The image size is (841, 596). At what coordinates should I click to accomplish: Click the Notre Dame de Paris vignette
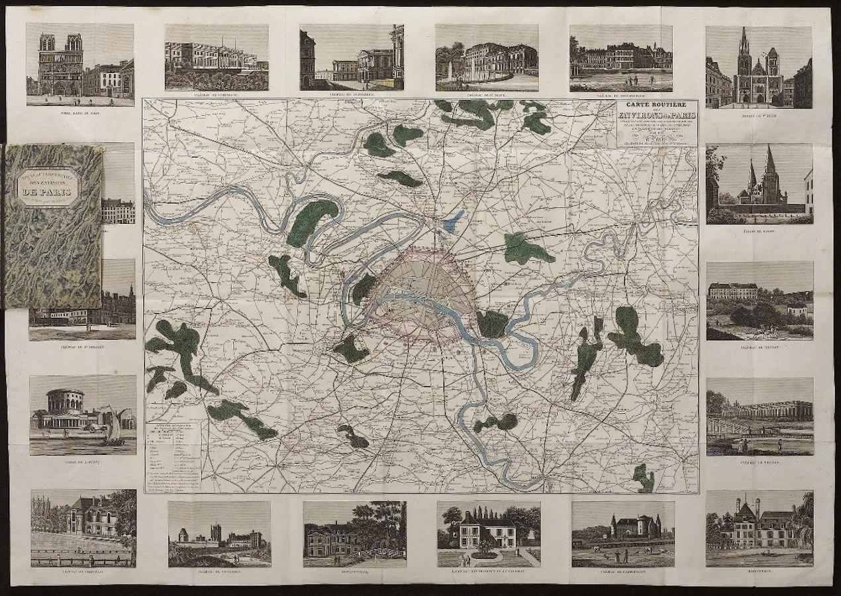click(80, 64)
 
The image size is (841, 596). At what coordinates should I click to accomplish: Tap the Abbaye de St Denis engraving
click(759, 67)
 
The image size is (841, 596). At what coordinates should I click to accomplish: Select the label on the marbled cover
click(48, 187)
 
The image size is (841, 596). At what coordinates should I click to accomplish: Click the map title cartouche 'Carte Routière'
click(656, 123)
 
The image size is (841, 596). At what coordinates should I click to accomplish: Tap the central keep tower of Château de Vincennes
click(216, 533)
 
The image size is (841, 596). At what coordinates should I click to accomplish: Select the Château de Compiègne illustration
click(217, 58)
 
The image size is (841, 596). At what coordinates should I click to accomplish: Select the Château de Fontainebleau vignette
click(620, 58)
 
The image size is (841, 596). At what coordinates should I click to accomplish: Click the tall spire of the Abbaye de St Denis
click(744, 46)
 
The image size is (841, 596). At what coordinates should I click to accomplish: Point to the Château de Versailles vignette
click(352, 58)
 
